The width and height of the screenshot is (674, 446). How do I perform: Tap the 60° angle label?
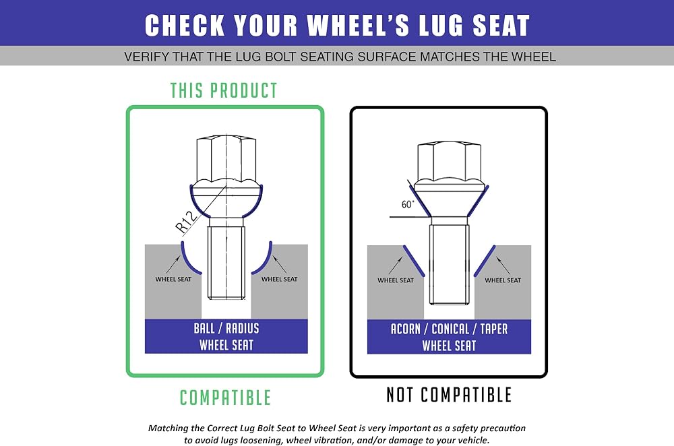408,204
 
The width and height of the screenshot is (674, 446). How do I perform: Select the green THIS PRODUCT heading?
224,91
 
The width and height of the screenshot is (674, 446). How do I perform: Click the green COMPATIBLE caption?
225,397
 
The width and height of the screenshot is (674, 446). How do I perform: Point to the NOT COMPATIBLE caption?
449,395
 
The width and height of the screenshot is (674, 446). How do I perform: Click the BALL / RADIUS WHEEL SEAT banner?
226,336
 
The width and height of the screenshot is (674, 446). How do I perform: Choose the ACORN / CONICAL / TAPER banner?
449,337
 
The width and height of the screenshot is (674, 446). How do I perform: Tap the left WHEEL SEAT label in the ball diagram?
173,279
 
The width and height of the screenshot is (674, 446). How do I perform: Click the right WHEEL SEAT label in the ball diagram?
280,279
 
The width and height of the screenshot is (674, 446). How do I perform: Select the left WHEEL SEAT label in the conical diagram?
396,280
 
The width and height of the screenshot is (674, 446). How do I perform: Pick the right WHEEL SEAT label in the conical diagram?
503,280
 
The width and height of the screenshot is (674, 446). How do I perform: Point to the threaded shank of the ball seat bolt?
226,262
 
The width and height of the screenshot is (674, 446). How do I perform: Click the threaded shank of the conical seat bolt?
449,264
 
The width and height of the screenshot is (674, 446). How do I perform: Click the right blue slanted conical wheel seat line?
485,261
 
